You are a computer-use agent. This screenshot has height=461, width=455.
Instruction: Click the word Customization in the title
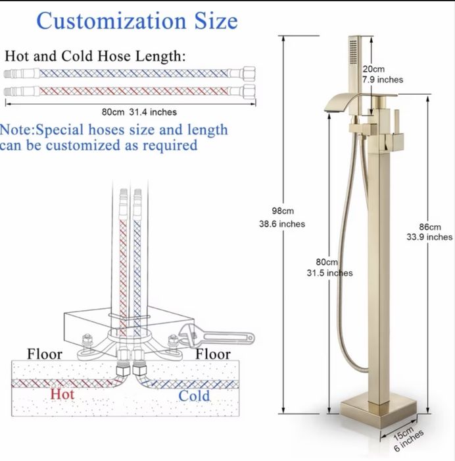[111, 21]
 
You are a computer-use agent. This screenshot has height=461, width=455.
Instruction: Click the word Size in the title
[216, 20]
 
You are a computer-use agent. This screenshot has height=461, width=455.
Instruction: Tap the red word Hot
[62, 394]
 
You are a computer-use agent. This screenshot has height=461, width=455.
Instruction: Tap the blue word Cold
[194, 395]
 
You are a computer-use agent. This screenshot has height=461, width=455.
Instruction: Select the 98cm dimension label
[283, 211]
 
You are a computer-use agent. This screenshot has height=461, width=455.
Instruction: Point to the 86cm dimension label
[430, 227]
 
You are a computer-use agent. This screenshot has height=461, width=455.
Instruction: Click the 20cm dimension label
[373, 69]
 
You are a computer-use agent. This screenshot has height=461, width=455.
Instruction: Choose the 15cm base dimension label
[403, 433]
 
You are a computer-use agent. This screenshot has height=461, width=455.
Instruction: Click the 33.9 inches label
[429, 237]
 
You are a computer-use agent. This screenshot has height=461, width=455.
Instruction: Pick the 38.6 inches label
[282, 224]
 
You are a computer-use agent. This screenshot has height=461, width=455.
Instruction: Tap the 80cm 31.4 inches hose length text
[139, 112]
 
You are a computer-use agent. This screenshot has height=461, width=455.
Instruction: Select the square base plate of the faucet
[379, 412]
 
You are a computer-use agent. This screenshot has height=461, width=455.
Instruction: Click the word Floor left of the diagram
[45, 354]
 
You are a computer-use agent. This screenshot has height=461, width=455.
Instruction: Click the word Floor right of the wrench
[213, 354]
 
